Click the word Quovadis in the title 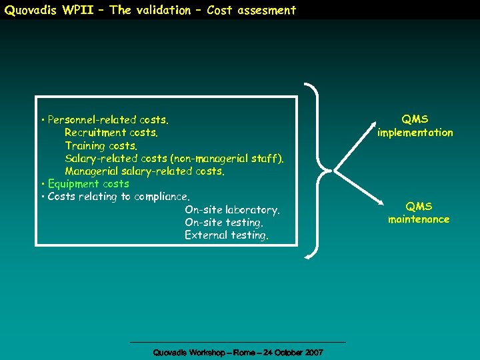pyautogui.click(x=29, y=10)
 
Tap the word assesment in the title pyautogui.click(x=270, y=10)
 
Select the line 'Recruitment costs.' pyautogui.click(x=111, y=133)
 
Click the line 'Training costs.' pyautogui.click(x=101, y=145)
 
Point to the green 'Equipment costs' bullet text pyautogui.click(x=89, y=184)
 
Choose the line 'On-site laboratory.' pyautogui.click(x=232, y=210)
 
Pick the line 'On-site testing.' pyautogui.click(x=223, y=223)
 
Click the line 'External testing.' pyautogui.click(x=227, y=235)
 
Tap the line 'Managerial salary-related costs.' pyautogui.click(x=145, y=171)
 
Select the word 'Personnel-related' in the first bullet pyautogui.click(x=92, y=120)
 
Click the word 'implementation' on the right pyautogui.click(x=415, y=133)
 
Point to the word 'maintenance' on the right pyautogui.click(x=419, y=219)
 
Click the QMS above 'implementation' pyautogui.click(x=415, y=119)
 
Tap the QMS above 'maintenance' pyautogui.click(x=419, y=207)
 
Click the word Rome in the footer pyautogui.click(x=241, y=352)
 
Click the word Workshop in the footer pyautogui.click(x=206, y=352)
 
